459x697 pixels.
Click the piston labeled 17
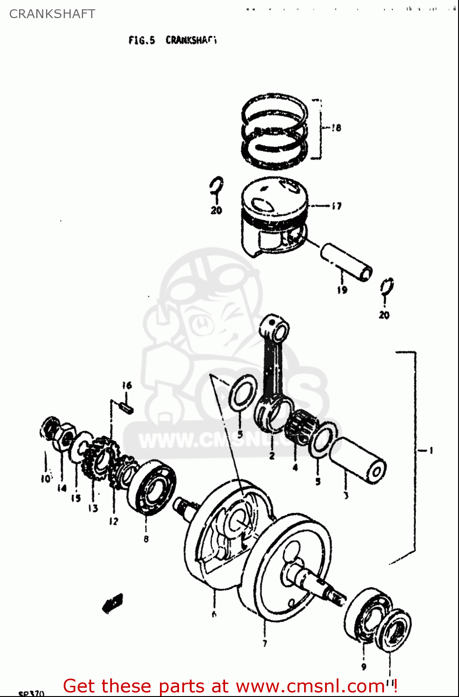pos(274,216)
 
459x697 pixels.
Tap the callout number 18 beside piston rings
pos(336,128)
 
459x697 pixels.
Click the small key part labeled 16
pos(126,407)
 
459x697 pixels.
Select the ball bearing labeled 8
pos(152,488)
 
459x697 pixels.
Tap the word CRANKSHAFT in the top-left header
pos(52,14)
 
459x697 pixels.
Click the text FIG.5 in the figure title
pos(141,40)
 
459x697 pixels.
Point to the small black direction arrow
pos(113,603)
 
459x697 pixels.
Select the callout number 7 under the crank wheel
pos(265,644)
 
